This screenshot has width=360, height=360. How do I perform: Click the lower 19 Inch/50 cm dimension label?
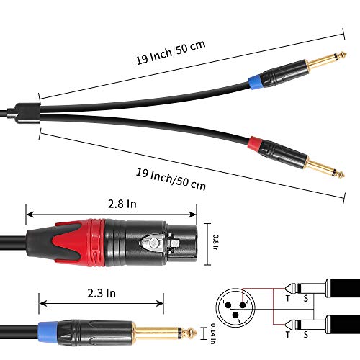(171, 179)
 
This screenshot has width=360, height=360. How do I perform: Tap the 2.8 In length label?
(122, 204)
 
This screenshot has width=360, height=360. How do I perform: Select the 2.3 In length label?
(102, 293)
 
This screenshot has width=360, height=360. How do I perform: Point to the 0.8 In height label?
(215, 243)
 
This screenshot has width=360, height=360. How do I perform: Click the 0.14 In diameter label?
(212, 334)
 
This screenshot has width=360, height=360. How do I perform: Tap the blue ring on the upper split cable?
(256, 83)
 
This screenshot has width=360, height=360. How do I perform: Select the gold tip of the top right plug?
(343, 55)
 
